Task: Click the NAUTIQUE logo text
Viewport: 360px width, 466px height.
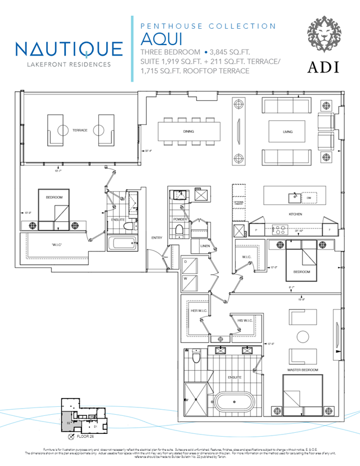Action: [69, 48]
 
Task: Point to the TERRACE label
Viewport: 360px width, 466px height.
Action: [80, 130]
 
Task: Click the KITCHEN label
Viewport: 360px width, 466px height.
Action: [295, 214]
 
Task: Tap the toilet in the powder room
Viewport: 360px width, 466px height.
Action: [180, 231]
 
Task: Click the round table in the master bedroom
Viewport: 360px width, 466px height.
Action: [303, 337]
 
